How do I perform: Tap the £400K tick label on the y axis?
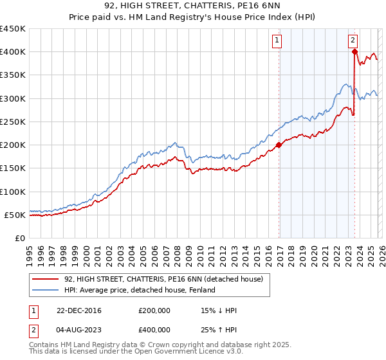coord(13,52)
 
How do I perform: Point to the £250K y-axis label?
coord(13,122)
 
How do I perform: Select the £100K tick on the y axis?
coord(13,192)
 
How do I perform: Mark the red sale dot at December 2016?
coord(279,145)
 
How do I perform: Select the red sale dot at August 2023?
coord(354,52)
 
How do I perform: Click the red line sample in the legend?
coord(46,280)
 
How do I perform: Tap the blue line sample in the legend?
coord(46,291)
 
